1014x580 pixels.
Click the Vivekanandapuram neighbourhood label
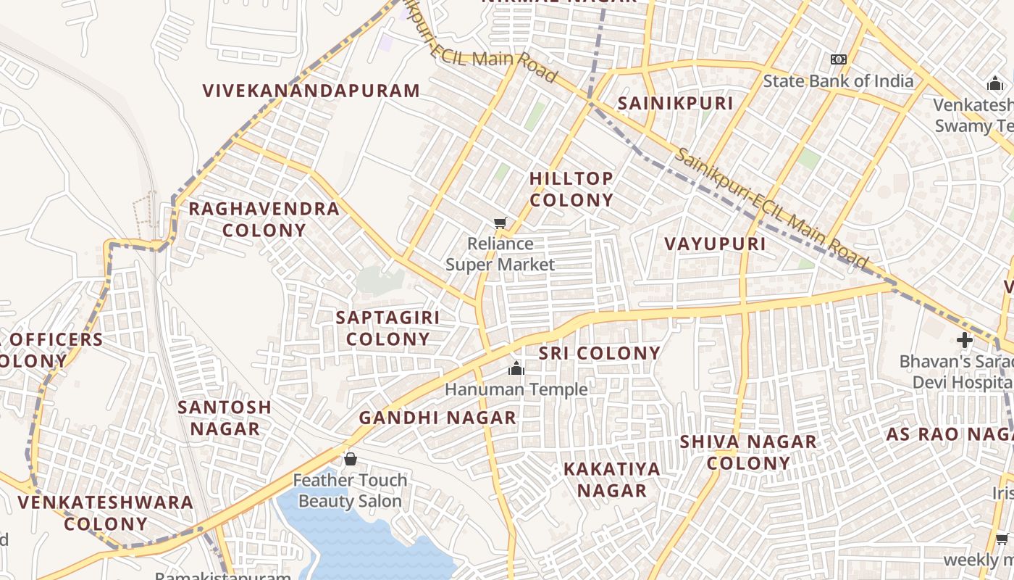click(311, 91)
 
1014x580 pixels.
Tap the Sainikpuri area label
click(675, 104)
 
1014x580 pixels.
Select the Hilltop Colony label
click(571, 188)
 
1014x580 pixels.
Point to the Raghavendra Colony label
click(264, 219)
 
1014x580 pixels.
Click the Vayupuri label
click(716, 244)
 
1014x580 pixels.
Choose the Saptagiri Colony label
click(387, 328)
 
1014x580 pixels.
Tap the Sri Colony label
click(600, 353)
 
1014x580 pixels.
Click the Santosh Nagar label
click(225, 418)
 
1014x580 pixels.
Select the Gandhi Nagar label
click(437, 418)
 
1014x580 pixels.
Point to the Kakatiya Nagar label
click(612, 479)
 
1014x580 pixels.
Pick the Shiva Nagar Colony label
click(748, 452)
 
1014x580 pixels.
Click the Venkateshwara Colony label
click(106, 513)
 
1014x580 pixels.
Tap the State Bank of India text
click(838, 80)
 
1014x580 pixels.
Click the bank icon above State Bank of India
click(838, 59)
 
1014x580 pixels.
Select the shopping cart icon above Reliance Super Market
click(500, 223)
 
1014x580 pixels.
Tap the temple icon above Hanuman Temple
click(516, 369)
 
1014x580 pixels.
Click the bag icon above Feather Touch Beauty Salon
click(350, 459)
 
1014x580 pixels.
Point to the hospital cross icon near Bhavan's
click(964, 339)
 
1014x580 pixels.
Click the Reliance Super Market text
click(500, 254)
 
